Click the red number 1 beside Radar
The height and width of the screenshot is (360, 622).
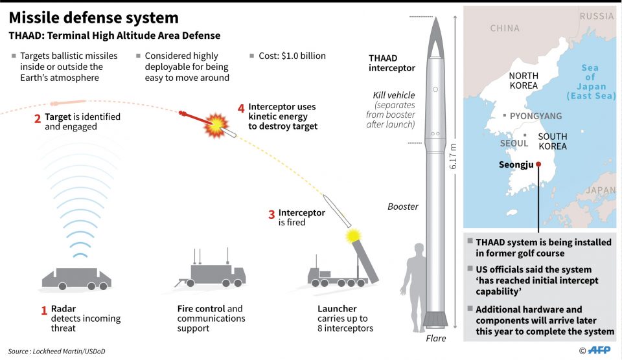44,310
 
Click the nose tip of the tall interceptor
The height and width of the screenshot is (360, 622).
435,18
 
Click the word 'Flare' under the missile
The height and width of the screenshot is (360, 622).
435,338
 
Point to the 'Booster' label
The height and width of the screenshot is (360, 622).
403,207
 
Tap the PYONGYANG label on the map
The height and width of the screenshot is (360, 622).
535,116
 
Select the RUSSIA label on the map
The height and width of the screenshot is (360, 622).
596,16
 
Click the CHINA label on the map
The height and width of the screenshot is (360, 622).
505,28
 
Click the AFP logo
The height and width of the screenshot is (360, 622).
595,350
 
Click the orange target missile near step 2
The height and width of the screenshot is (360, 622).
69,102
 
